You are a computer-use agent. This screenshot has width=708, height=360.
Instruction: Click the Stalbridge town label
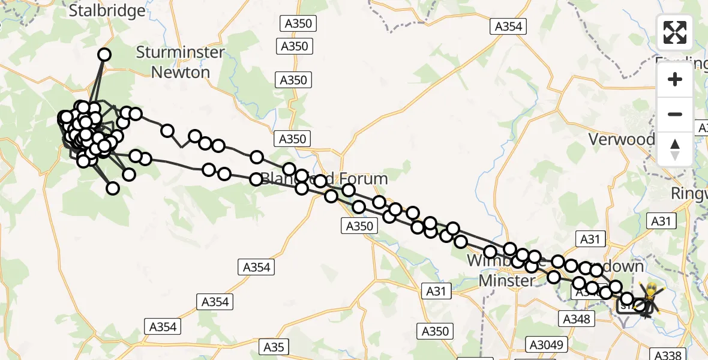coord(107,10)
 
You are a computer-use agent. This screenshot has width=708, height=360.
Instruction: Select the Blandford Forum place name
coord(324,179)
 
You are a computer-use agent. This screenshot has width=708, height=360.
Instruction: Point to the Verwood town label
coord(621,139)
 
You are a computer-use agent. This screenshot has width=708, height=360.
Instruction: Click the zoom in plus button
coord(675,79)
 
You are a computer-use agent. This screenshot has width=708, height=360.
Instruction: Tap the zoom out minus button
coord(675,114)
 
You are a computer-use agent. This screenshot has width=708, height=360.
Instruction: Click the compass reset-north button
coord(675,149)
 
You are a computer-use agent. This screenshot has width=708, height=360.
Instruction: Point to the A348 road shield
coord(576,318)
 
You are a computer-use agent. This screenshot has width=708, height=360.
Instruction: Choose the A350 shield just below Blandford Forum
coord(360,226)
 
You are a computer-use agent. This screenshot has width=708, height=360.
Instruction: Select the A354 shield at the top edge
coord(508,26)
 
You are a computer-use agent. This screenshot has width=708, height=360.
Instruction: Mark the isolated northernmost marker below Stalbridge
coord(104,55)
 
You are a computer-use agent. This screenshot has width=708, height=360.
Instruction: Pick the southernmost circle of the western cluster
coord(113,188)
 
